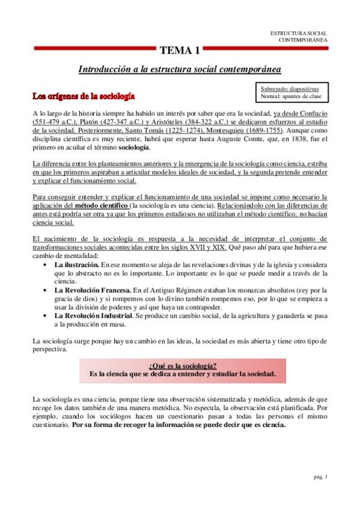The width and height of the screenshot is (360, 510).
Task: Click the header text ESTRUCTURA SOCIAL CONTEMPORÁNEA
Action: [x=298, y=36]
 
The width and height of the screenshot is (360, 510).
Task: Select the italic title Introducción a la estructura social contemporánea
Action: [x=180, y=70]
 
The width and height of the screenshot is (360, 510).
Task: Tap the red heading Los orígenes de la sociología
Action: [x=83, y=96]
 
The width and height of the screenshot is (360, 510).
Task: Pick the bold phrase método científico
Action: [x=100, y=206]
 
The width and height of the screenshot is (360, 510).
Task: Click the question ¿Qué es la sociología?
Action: [x=182, y=365]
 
